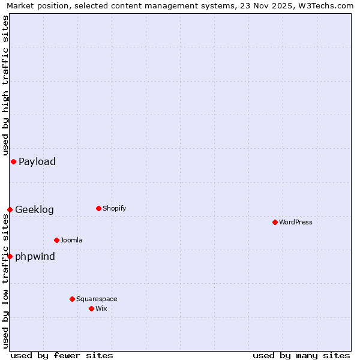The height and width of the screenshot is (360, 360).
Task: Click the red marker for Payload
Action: point(13,161)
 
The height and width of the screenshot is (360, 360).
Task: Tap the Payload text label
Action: point(37,162)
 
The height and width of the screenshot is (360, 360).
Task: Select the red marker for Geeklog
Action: point(10,209)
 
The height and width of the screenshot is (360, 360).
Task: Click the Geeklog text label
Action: point(34,210)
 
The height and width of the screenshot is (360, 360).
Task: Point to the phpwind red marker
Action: point(10,256)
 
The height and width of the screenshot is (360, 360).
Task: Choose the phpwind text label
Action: point(35,257)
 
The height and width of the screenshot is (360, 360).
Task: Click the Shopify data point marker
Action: point(98,208)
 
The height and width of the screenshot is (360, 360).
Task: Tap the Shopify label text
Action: point(114,209)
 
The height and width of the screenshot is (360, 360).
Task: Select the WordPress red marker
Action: point(275,222)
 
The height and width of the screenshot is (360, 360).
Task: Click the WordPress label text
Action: point(295,223)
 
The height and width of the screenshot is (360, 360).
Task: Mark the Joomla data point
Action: point(56,240)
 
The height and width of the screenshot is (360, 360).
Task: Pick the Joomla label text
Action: point(71,241)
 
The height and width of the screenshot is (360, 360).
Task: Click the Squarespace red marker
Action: point(72,299)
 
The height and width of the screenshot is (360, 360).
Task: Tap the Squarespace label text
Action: point(97,299)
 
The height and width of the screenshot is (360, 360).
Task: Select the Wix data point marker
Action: point(91,308)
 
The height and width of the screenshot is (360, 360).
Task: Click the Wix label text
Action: point(101,309)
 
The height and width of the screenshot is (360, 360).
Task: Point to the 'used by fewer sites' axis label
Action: point(62,355)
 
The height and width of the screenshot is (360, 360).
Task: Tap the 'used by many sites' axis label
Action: point(301,355)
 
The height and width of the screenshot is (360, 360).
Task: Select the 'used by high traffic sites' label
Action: point(5,85)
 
